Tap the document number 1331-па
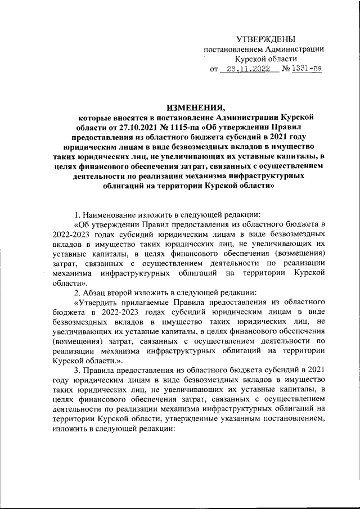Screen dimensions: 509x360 click(x=307, y=70)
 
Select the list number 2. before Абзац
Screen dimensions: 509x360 click(x=79, y=292)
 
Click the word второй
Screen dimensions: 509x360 click(x=127, y=292)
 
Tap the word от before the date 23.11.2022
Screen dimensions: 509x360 click(x=214, y=70)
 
